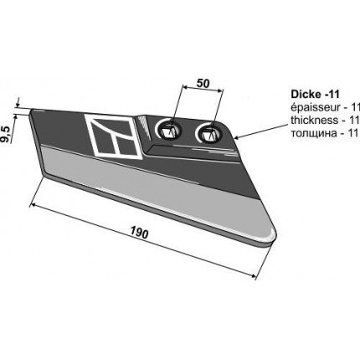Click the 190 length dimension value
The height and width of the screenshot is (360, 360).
coord(139,234)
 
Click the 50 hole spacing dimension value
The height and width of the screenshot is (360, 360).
coord(203,83)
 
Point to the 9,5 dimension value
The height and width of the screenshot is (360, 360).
coord(6,135)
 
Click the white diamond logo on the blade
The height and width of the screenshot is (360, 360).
coord(113,136)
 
